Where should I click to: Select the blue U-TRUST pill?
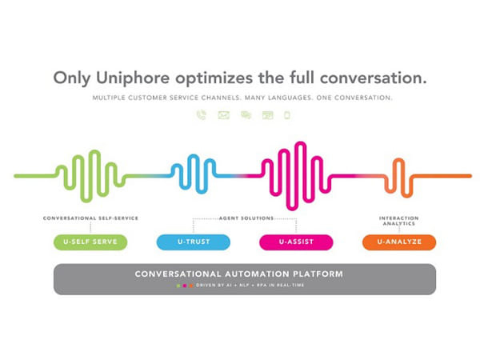(x=193, y=242)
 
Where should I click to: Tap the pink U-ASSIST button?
(x=296, y=242)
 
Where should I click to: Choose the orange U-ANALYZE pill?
(x=399, y=242)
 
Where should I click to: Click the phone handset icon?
(x=202, y=115)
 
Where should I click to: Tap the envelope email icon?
(x=223, y=115)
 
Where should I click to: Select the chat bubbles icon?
(x=246, y=115)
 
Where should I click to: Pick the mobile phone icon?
(x=286, y=115)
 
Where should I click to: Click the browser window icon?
(x=267, y=115)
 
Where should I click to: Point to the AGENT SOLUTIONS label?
(x=245, y=218)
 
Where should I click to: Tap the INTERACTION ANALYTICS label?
(x=398, y=221)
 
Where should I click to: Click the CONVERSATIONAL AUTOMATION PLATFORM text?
(x=239, y=274)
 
